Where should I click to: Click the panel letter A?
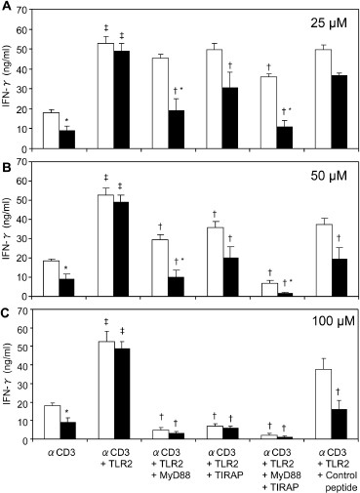click(x=6, y=7)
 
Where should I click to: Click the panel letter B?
click(x=6, y=160)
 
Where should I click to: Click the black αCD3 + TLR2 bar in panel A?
click(x=122, y=99)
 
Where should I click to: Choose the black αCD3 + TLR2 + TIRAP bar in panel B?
click(x=231, y=279)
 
